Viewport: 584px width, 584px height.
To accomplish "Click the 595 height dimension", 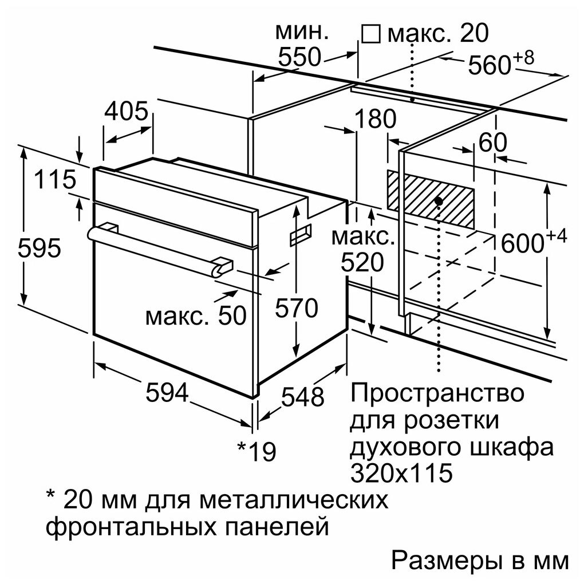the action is pyautogui.click(x=39, y=248).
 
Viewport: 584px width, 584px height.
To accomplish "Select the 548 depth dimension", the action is pyautogui.click(x=302, y=396).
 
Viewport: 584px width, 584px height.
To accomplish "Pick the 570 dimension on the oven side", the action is pyautogui.click(x=297, y=307).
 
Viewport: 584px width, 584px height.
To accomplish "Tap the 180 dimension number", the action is pyautogui.click(x=375, y=119).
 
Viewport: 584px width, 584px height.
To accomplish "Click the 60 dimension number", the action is pyautogui.click(x=493, y=142).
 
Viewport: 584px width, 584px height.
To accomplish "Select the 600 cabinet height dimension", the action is pyautogui.click(x=534, y=241).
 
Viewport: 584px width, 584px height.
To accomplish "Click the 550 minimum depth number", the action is pyautogui.click(x=299, y=57).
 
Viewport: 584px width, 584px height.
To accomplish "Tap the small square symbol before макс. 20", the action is pyautogui.click(x=371, y=34).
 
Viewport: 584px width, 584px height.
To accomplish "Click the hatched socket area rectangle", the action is pyautogui.click(x=431, y=200).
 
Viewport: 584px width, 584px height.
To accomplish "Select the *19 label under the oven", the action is pyautogui.click(x=257, y=451).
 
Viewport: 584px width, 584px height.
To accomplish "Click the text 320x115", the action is pyautogui.click(x=401, y=472).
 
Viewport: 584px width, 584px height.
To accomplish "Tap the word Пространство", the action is pyautogui.click(x=437, y=394).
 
